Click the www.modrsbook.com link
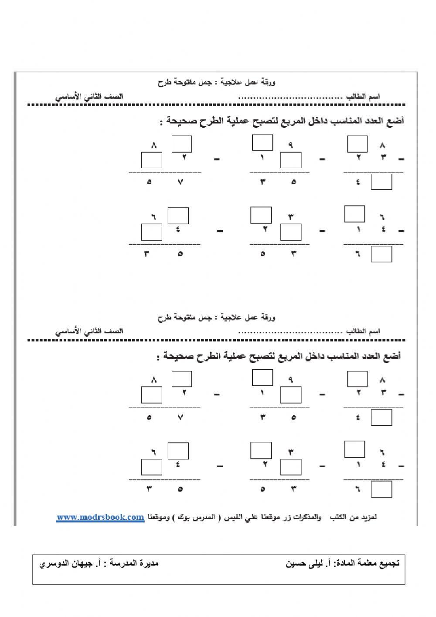coord(100,517)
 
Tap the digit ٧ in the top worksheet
coord(180,182)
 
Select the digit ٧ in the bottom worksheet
coord(180,417)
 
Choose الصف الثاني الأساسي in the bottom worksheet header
coord(89,331)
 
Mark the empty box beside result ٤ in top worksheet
coord(381,182)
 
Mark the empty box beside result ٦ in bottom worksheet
coord(381,489)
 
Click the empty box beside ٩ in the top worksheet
coord(262,143)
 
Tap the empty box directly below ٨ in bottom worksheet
coord(151,395)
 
